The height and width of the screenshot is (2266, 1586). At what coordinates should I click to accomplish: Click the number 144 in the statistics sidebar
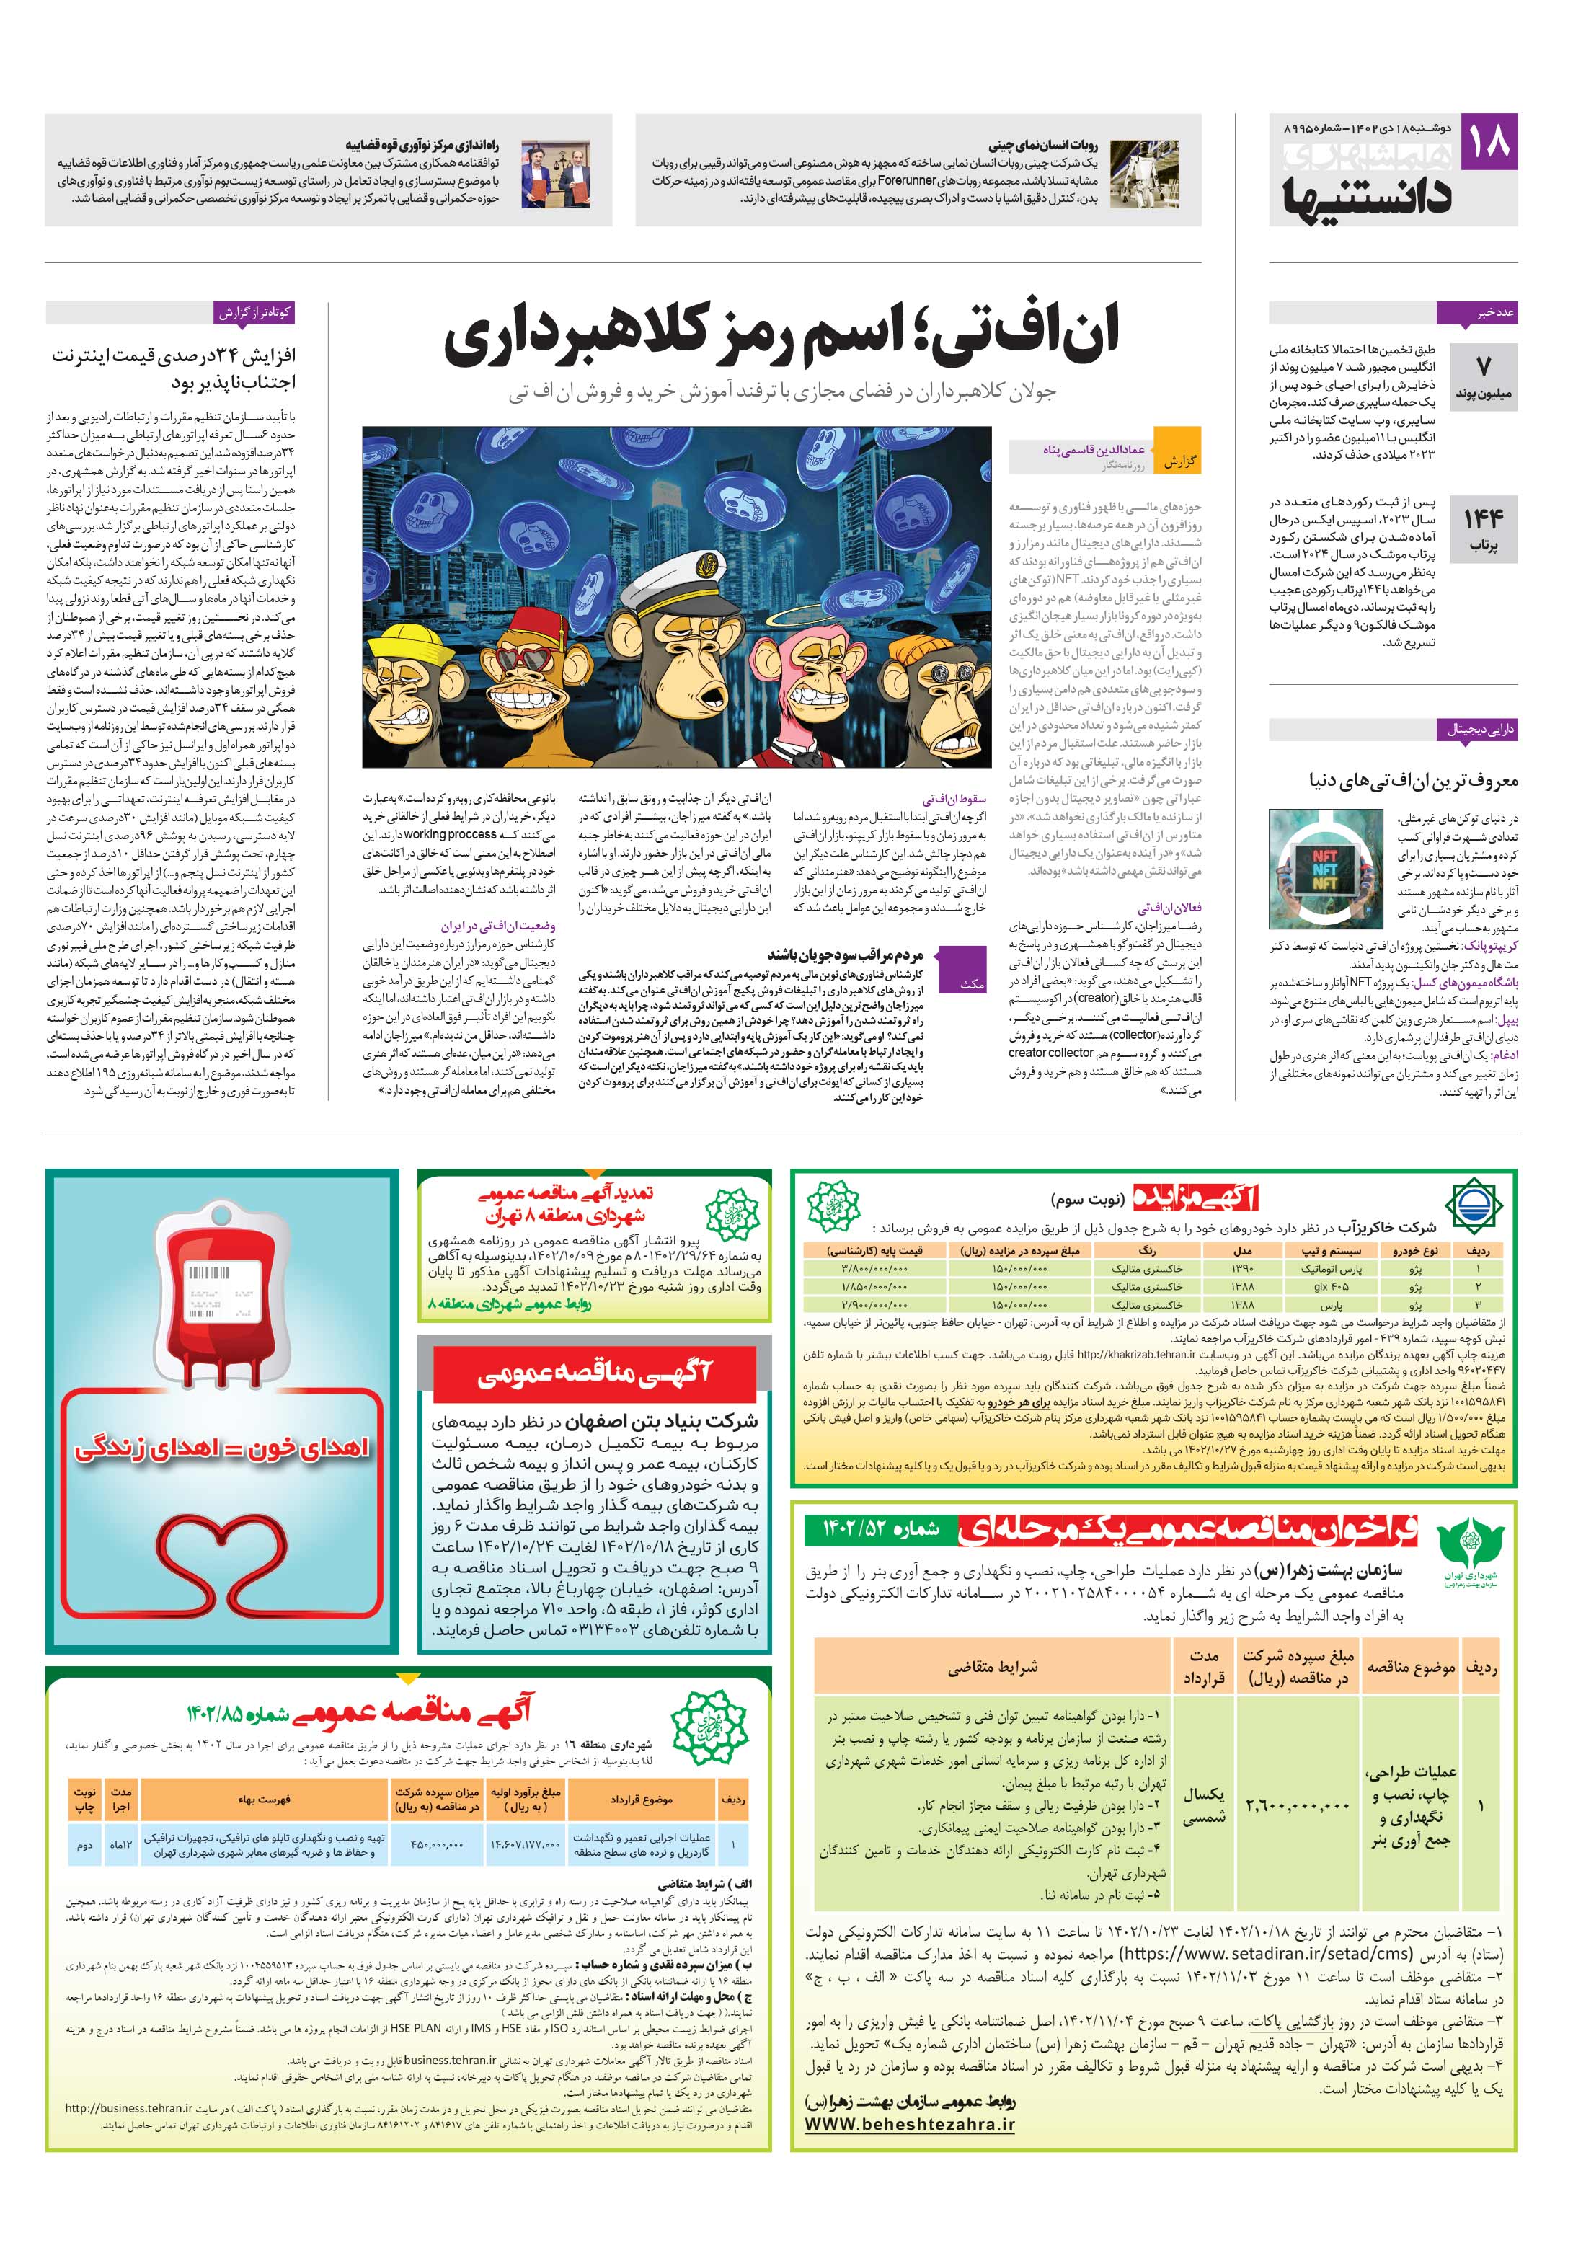tap(1482, 520)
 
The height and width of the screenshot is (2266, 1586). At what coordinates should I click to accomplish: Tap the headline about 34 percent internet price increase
tap(173, 368)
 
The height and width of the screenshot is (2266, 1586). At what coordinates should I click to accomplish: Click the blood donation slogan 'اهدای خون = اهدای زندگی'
tap(221, 1448)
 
